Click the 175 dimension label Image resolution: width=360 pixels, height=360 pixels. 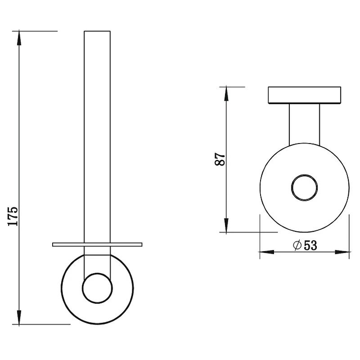tap(13, 216)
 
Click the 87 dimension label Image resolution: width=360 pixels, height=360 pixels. tap(220, 159)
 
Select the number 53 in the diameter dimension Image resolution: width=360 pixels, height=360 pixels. tap(310, 245)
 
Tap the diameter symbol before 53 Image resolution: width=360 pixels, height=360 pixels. tap(297, 245)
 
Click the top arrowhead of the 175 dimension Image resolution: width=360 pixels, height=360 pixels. tap(19, 38)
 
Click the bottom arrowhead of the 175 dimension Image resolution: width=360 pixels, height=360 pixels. tap(19, 317)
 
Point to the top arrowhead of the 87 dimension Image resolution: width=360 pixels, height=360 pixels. tap(226, 94)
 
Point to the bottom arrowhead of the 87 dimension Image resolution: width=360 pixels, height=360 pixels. tap(226, 225)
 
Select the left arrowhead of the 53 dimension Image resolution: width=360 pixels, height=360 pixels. tap(267, 252)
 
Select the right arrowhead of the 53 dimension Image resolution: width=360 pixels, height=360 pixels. tap(342, 252)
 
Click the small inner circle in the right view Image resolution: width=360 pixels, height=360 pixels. tap(305, 175)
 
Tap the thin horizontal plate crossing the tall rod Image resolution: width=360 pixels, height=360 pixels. tap(97, 244)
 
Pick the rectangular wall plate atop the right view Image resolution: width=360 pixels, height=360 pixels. tap(305, 95)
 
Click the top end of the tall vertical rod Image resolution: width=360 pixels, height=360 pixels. tap(97, 31)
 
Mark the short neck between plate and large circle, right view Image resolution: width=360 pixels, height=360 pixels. tap(305, 124)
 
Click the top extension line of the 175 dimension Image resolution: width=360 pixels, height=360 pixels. tap(35, 31)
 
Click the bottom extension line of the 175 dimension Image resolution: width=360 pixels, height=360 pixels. tap(41, 324)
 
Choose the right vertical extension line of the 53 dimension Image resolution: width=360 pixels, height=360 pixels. tap(349, 237)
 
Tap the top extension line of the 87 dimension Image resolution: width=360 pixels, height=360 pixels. tap(232, 87)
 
